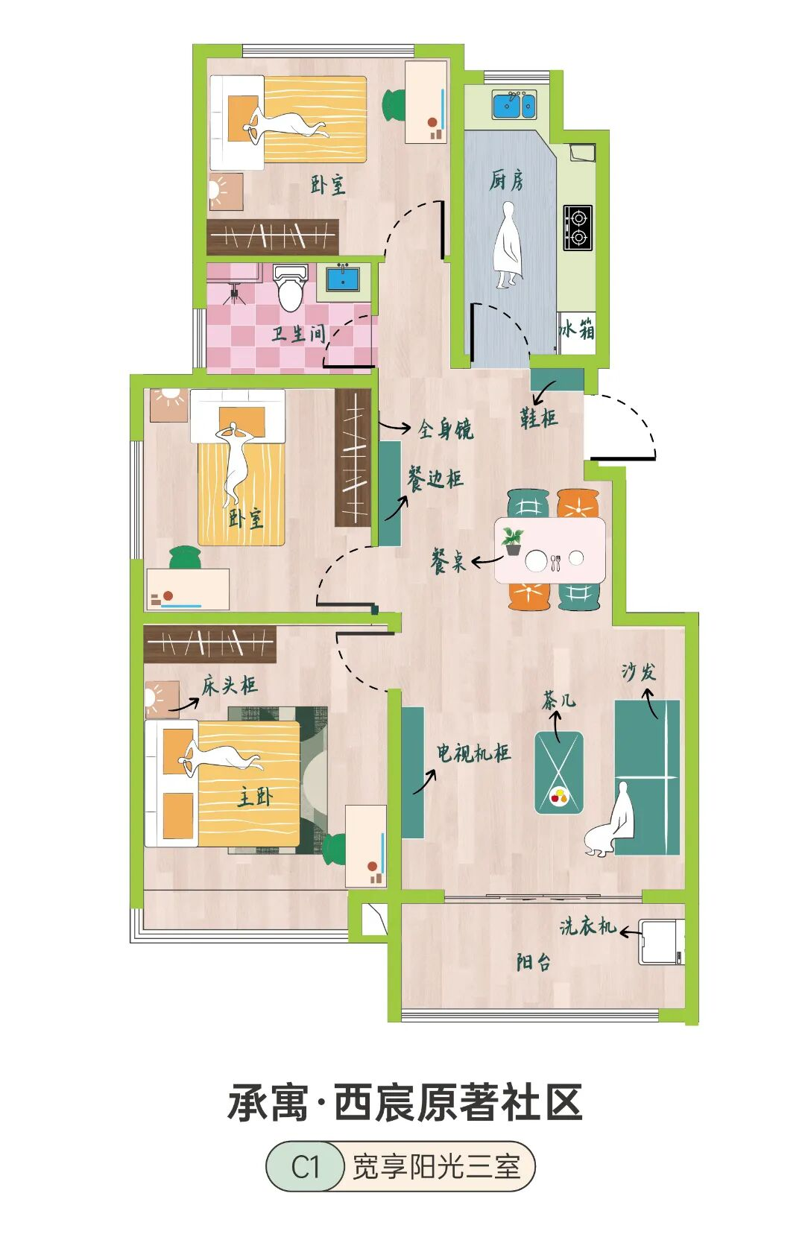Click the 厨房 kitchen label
[506, 180]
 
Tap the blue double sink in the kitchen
[514, 105]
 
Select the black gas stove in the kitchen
[578, 227]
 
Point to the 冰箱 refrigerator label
[578, 329]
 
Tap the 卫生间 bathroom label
[299, 334]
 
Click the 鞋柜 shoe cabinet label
[538, 418]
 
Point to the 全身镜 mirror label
[445, 429]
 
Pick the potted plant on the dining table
[512, 540]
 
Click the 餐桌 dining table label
[448, 561]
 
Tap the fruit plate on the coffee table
[559, 797]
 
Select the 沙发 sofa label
[639, 672]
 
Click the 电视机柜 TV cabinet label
[473, 753]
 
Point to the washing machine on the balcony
[661, 942]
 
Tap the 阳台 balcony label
[534, 962]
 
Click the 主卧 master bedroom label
[256, 797]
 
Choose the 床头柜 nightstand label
[230, 686]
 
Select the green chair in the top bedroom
[395, 104]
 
